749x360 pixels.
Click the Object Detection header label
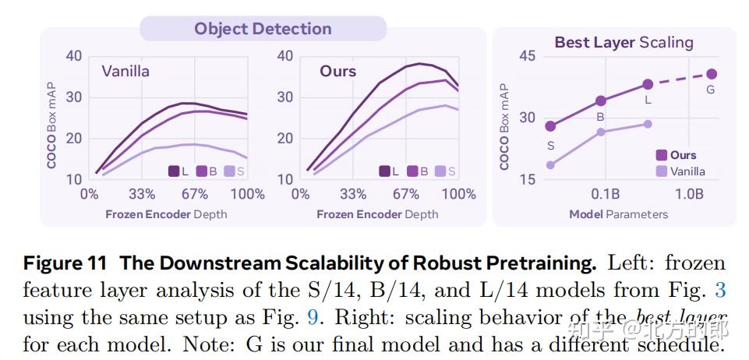263,29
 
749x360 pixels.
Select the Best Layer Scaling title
624,42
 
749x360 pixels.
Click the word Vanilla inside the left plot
125,72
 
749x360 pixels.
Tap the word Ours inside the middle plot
337,71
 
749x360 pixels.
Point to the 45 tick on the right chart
528,57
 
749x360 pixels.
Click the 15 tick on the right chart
528,179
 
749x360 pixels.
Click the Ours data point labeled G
712,74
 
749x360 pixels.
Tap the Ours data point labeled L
648,84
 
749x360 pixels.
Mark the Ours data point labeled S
550,126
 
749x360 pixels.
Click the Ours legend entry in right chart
676,155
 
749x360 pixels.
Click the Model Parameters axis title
618,214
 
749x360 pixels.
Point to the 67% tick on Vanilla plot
195,194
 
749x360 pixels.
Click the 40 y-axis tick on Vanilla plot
74,56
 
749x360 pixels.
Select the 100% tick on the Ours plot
459,194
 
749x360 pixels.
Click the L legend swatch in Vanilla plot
174,171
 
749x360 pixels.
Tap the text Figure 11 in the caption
66,263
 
